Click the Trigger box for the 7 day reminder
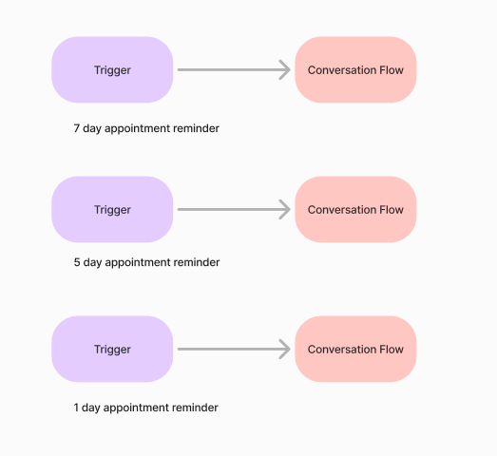coord(112,69)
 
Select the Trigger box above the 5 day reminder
coord(112,209)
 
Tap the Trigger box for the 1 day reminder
coord(112,350)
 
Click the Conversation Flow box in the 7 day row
coord(355,69)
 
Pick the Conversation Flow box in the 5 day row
coord(355,209)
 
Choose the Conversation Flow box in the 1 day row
coord(355,350)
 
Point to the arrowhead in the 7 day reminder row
coord(285,69)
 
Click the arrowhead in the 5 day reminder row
coord(285,209)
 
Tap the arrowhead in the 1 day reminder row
coord(285,350)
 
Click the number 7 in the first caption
coord(77,128)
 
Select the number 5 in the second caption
coord(77,262)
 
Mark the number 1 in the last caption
coord(76,408)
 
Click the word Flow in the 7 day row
coord(392,70)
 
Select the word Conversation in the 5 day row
coord(342,210)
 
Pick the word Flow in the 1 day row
coord(392,350)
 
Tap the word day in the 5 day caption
coord(92,263)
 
